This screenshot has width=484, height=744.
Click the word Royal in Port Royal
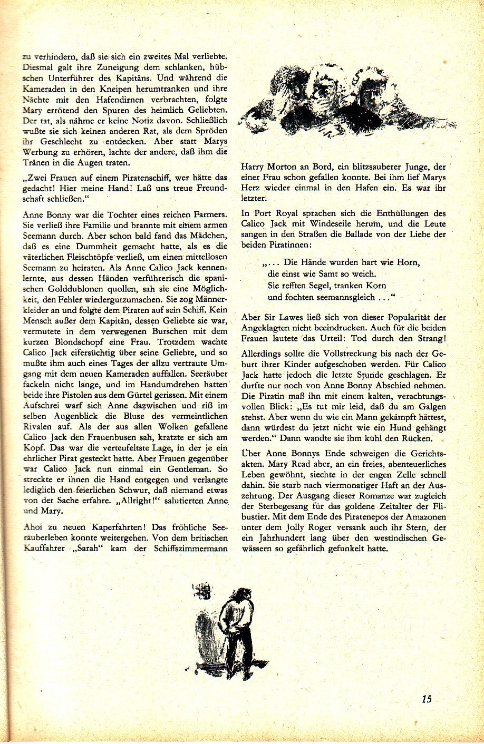pyautogui.click(x=297, y=213)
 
